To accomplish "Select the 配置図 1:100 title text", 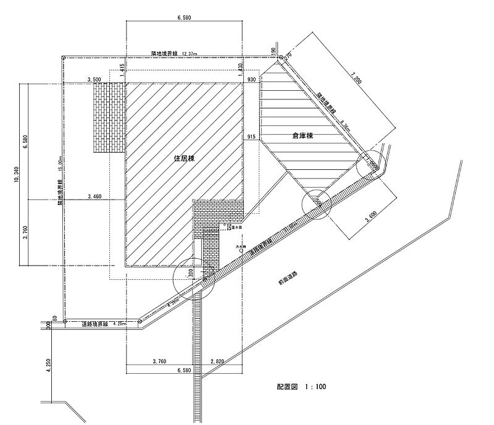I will pos(301,387).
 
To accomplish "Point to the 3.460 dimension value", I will pos(94,196).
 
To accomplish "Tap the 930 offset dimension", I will pos(251,80).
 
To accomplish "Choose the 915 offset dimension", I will pos(251,136).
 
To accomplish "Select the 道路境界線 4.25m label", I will pos(99,324).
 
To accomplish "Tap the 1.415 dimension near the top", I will pos(122,69).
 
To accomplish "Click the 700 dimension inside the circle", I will pos(191,272).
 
